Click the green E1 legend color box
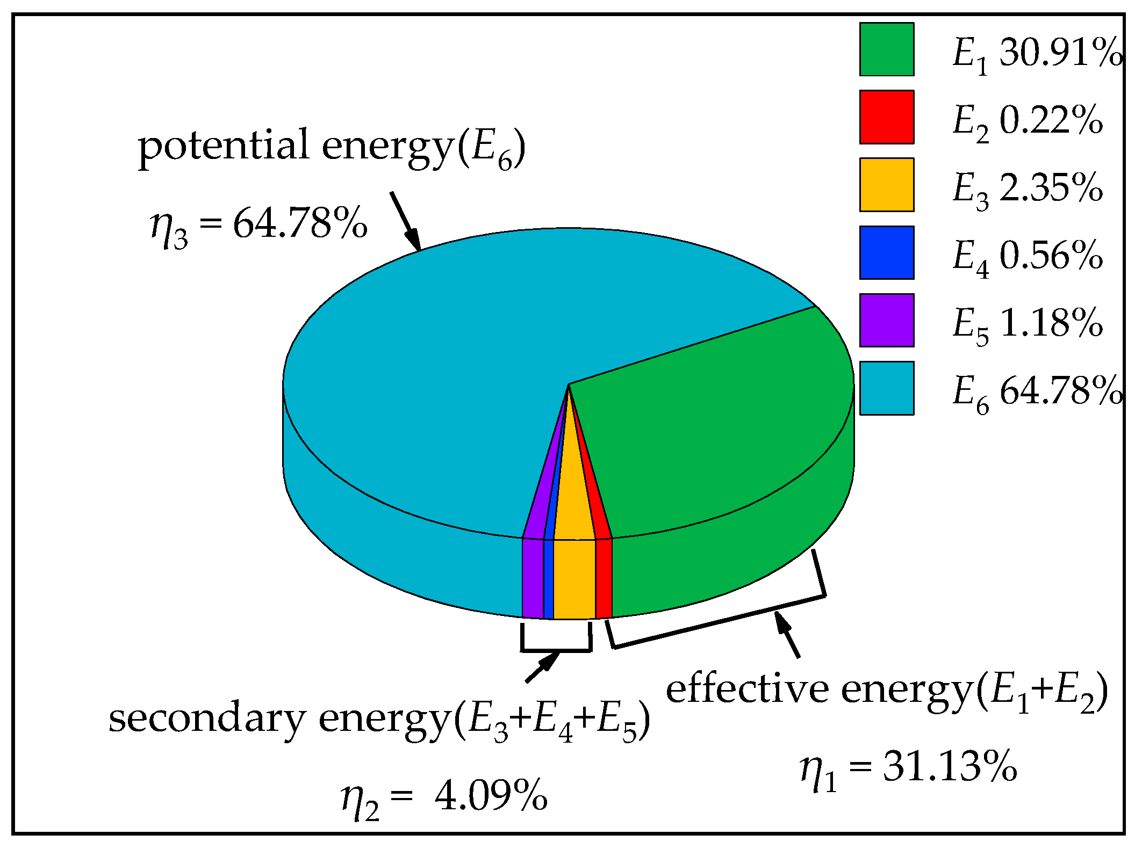[x=886, y=49]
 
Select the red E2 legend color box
[x=886, y=117]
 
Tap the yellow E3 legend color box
[x=886, y=185]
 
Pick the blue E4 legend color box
[x=886, y=252]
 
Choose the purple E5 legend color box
[x=886, y=320]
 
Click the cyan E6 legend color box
[x=886, y=388]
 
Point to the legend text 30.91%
[x=1061, y=53]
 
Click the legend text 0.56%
[x=1051, y=255]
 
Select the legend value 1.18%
[x=1051, y=323]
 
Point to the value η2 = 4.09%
[x=444, y=798]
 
